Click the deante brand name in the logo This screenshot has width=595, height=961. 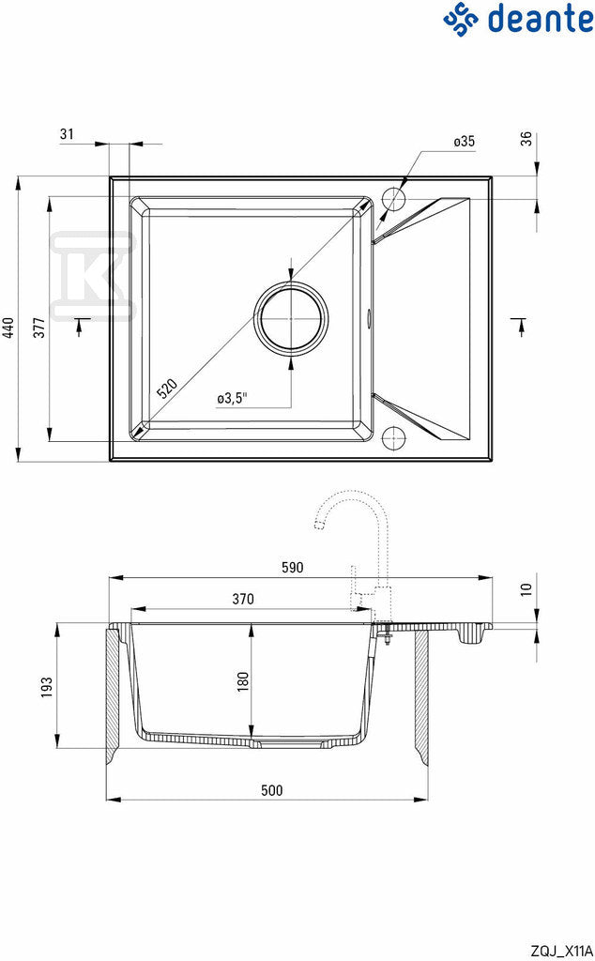tap(542, 18)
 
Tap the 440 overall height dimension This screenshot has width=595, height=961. tap(8, 329)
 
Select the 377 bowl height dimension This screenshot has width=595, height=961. tap(39, 328)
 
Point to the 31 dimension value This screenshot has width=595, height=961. tap(67, 133)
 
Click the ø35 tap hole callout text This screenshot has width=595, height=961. tap(464, 142)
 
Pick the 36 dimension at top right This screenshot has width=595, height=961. tap(526, 139)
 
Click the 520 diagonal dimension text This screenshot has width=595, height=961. tap(167, 389)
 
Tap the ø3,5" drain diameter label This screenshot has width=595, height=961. tap(232, 398)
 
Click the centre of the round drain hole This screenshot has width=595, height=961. tap(291, 317)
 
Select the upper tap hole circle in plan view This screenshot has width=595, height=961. tap(393, 200)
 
